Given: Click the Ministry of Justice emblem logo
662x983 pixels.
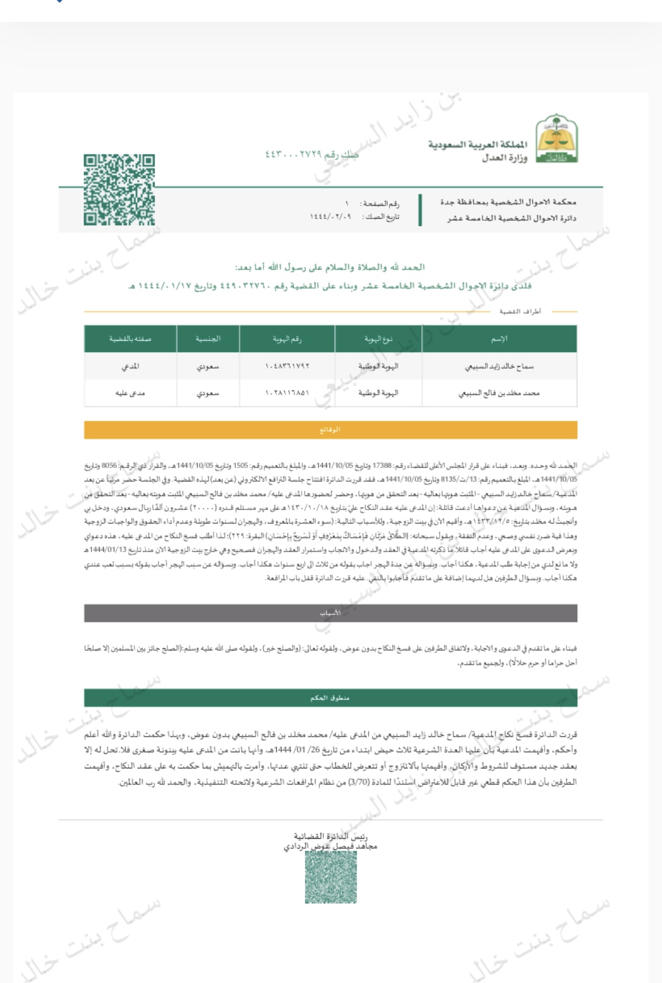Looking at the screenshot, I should pos(556,139).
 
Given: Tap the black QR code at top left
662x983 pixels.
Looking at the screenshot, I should pos(119,190).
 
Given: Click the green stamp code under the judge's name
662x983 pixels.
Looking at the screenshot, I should pos(331,877).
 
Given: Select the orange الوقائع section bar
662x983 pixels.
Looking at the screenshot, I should pos(330,430).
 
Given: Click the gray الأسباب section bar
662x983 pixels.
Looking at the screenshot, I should pos(330,613).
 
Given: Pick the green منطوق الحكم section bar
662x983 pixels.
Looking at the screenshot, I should pos(330,698).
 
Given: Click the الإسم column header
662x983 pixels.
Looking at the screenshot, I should pos(499,339).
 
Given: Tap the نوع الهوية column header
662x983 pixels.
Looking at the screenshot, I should pos(378,339).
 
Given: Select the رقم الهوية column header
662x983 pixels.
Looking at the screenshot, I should pos(287,339).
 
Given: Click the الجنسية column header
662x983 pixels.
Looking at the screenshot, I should pos(208,339).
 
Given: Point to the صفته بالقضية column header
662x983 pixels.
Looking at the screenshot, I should pos(130,339).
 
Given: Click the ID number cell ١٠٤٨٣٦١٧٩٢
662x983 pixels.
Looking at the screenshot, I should pos(287,366).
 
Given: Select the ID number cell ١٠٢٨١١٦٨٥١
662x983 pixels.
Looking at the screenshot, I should pos(287,393).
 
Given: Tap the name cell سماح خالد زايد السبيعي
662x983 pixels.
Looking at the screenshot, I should pos(499,366).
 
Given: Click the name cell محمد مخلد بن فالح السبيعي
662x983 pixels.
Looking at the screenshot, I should pos(499,393).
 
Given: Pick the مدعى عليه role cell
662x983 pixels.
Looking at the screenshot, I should pos(130,393).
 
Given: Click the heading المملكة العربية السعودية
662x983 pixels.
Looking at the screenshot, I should pos(478,145).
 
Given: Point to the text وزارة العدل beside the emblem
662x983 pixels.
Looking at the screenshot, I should pos(504,158).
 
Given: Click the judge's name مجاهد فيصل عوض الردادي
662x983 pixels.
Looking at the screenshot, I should pos(330,846).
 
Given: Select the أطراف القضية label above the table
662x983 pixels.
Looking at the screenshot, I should pos(520,311).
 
